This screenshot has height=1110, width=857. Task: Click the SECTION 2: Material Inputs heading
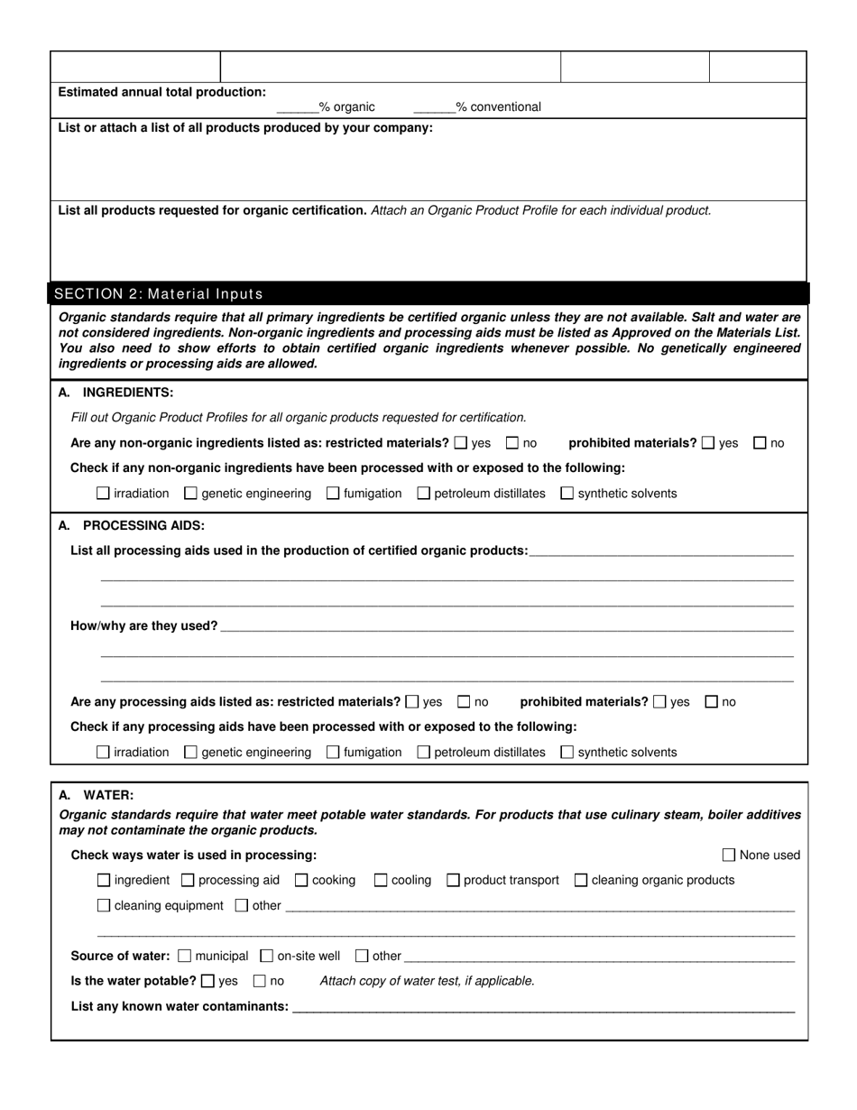point(159,293)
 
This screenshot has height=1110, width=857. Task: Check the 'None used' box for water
point(730,855)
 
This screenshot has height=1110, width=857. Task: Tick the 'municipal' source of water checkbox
point(186,956)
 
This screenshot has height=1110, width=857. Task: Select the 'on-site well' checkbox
point(267,956)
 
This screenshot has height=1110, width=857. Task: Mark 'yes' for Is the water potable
point(208,981)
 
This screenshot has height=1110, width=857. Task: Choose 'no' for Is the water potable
point(260,981)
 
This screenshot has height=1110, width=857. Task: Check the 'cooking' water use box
point(302,880)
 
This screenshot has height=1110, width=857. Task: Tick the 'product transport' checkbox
point(454,880)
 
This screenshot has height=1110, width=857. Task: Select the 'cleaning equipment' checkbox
point(104,905)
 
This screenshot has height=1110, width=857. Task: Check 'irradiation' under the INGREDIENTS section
point(104,494)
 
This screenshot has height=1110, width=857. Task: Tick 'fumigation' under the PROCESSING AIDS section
point(333,752)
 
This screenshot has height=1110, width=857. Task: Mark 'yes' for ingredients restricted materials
point(462,443)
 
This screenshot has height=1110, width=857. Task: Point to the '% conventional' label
point(498,106)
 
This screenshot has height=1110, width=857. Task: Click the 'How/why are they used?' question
point(144,625)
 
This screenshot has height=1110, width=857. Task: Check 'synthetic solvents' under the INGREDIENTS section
point(567,494)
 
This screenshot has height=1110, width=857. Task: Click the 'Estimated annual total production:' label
point(162,92)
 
